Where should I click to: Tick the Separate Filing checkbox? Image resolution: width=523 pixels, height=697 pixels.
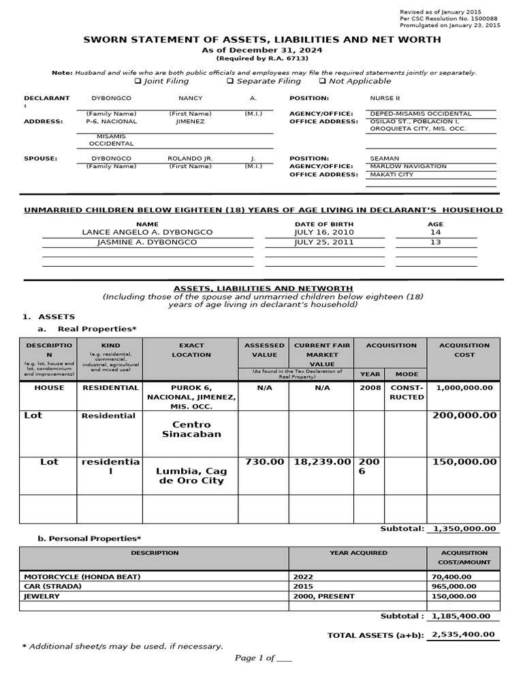(x=230, y=81)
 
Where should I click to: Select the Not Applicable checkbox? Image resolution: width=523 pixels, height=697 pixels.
(x=322, y=81)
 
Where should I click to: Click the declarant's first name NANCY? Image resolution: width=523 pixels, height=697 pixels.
(x=190, y=99)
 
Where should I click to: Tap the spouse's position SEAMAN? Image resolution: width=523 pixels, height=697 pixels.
(x=384, y=158)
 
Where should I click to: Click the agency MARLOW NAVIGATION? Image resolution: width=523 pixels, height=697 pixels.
(x=408, y=166)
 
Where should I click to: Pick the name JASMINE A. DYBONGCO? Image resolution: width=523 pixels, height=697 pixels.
(x=147, y=242)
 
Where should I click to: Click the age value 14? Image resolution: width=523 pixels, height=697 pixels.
(x=435, y=232)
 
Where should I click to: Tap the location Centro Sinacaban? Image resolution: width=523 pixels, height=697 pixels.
(x=191, y=429)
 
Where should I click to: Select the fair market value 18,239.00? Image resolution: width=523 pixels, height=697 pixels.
(x=321, y=461)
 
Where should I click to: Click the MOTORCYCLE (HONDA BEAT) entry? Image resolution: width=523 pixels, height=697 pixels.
(x=82, y=577)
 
